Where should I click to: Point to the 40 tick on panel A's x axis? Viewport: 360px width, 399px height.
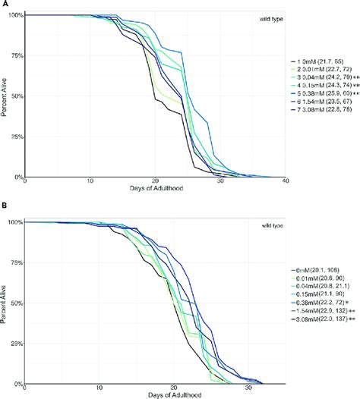pyautogui.click(x=284, y=183)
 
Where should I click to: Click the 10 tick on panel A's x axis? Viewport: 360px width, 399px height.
pyautogui.click(x=90, y=183)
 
